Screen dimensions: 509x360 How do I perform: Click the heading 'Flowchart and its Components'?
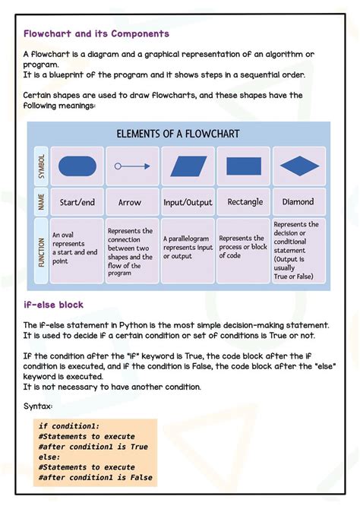point(96,34)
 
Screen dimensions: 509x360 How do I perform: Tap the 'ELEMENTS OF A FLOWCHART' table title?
point(178,134)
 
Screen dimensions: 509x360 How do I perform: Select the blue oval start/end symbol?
point(77,166)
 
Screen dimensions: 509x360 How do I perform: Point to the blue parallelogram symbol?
point(188,166)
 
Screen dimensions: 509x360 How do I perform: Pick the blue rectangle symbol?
point(244,166)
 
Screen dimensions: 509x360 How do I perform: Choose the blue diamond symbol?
point(298,166)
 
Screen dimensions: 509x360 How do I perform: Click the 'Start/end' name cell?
point(77,203)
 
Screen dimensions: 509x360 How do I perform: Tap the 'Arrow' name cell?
point(130,203)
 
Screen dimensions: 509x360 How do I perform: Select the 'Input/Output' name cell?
point(188,203)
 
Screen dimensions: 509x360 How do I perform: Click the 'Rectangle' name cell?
point(245,202)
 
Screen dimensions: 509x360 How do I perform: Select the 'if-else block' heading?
point(53,305)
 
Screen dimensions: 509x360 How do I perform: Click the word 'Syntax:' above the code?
point(38,406)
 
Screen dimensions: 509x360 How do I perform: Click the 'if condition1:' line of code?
point(69,426)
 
